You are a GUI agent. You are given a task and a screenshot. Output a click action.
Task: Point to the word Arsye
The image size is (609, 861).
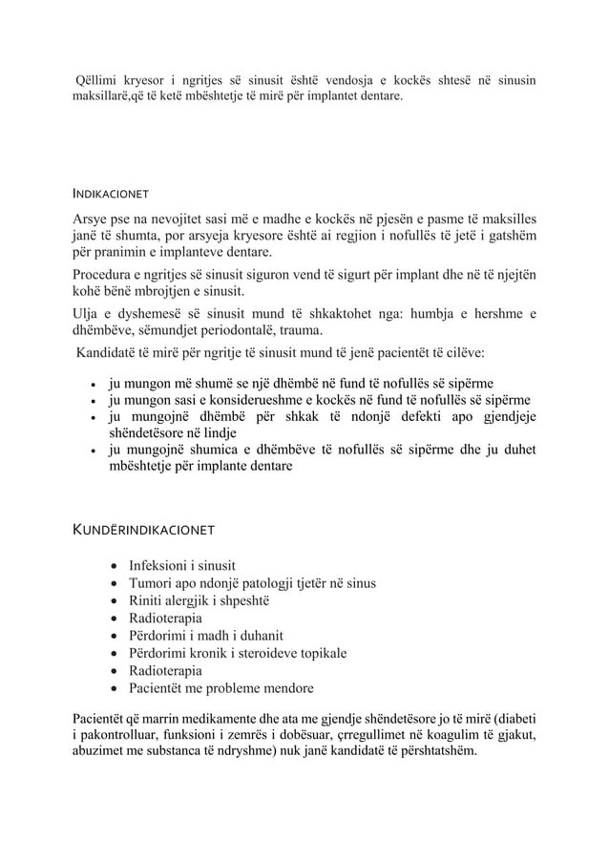(93, 217)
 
